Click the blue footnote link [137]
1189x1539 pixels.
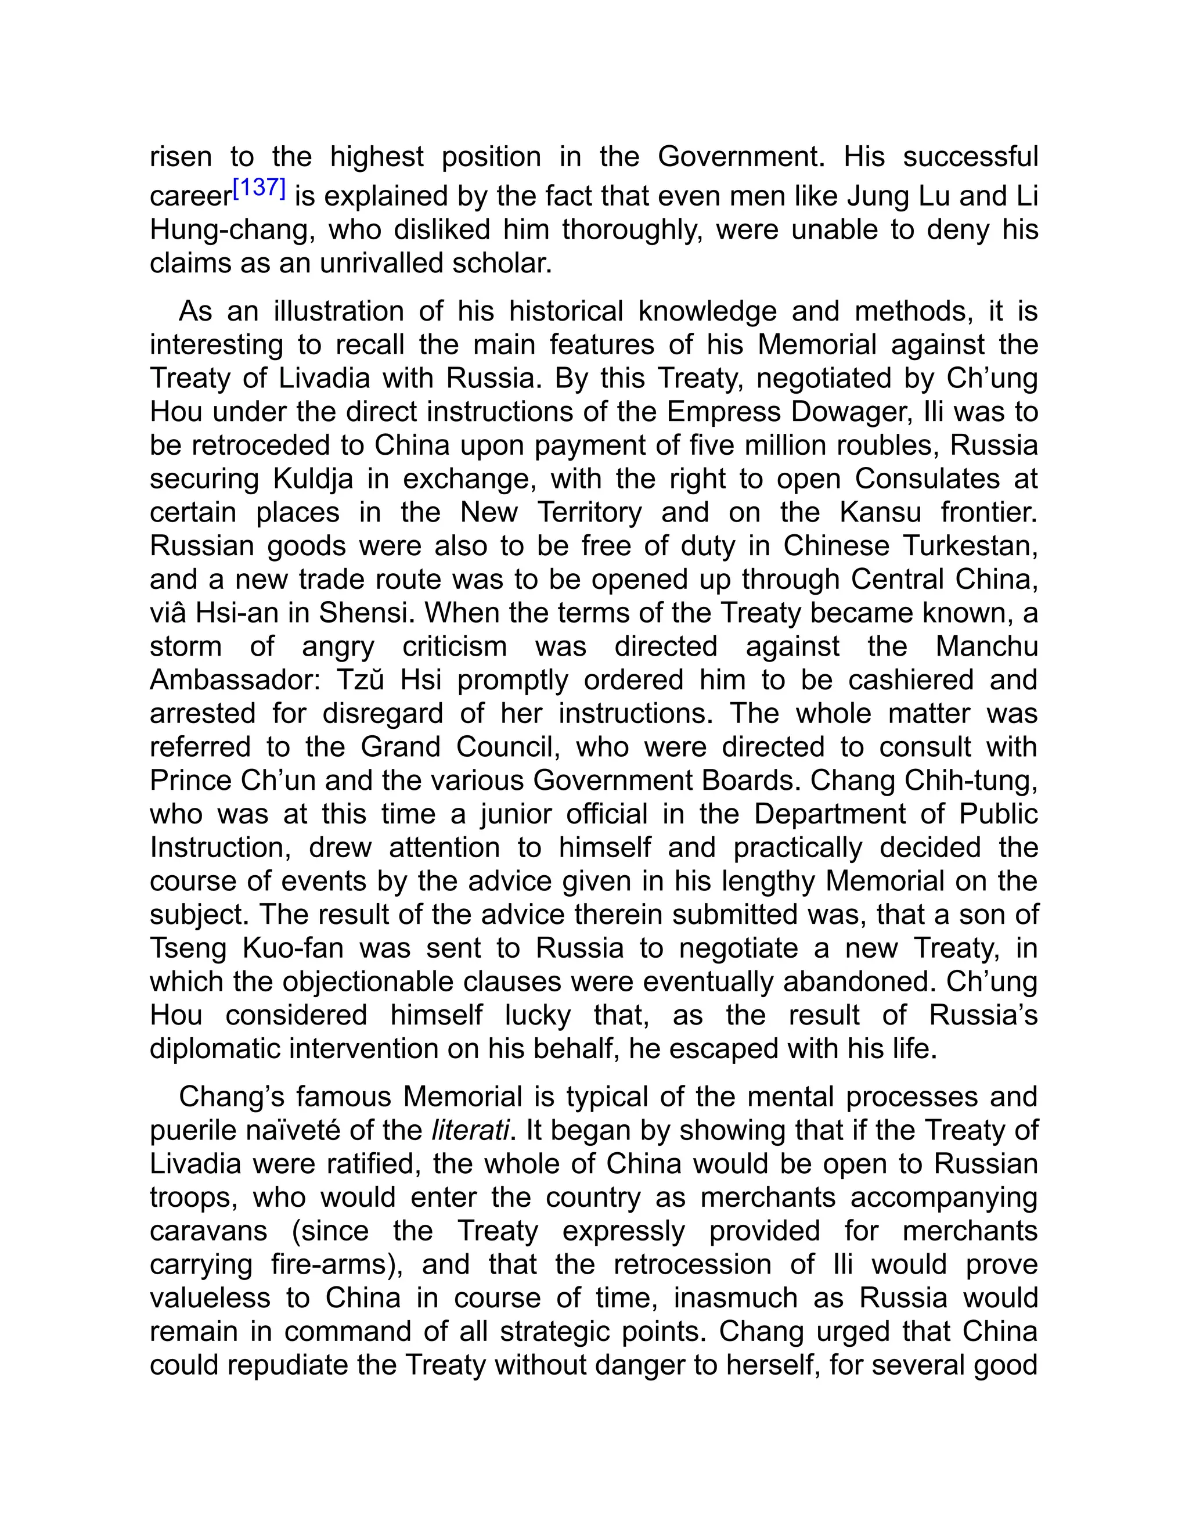pyautogui.click(x=258, y=188)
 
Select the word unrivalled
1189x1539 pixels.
pyautogui.click(x=381, y=263)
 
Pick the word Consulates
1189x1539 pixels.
pyautogui.click(x=927, y=479)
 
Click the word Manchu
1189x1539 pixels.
pyautogui.click(x=986, y=646)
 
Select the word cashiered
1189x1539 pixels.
pyautogui.click(x=911, y=680)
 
